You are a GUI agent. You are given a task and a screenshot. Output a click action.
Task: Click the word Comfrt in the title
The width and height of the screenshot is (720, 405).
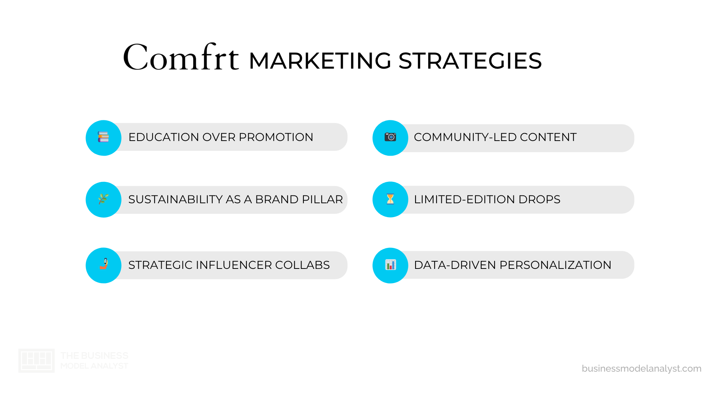click(x=181, y=58)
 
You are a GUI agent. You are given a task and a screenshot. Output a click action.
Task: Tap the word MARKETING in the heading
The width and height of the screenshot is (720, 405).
click(x=320, y=61)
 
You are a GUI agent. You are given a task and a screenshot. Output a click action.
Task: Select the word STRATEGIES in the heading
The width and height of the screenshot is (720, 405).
click(x=470, y=61)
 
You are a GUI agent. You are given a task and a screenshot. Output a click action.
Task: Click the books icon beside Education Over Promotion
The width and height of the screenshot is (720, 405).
click(x=103, y=137)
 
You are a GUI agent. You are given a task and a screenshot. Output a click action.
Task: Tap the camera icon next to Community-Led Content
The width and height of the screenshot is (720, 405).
click(x=390, y=137)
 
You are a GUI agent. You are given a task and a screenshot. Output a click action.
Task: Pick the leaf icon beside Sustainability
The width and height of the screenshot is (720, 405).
click(x=103, y=199)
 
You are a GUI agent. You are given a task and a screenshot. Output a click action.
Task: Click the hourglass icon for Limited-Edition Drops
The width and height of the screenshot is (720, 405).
click(x=390, y=199)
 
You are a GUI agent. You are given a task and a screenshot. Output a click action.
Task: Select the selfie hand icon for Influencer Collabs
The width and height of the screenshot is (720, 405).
click(x=104, y=264)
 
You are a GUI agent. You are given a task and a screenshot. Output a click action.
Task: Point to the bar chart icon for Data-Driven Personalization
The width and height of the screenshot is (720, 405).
click(x=390, y=265)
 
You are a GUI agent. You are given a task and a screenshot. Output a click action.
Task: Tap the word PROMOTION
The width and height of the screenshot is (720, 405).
click(x=276, y=137)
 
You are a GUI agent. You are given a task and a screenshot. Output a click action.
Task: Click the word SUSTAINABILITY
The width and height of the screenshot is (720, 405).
click(x=175, y=199)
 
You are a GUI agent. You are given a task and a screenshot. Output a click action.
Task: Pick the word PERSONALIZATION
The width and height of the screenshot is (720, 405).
click(x=555, y=265)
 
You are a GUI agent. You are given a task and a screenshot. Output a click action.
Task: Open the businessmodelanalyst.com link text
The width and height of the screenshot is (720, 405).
click(x=641, y=369)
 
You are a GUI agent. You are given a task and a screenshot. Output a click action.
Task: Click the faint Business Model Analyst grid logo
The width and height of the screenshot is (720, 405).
click(x=36, y=360)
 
